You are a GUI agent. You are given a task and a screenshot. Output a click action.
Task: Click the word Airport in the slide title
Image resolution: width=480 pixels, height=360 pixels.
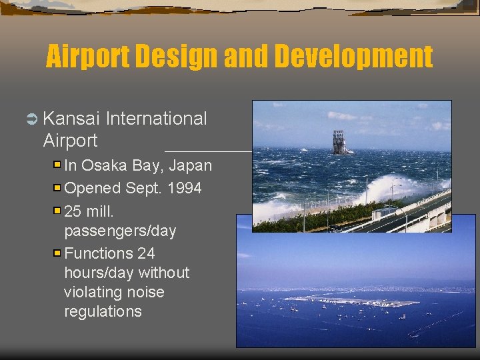coord(88,57)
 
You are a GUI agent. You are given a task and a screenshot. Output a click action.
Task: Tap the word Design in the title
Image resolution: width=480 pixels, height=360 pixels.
coord(177,57)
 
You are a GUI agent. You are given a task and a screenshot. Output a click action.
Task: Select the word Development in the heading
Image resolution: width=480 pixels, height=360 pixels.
coord(353,57)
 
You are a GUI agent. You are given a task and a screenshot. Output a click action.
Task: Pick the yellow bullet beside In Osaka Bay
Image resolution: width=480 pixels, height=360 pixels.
coord(57,165)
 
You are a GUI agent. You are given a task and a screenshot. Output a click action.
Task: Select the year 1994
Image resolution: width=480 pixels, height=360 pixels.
coord(183,188)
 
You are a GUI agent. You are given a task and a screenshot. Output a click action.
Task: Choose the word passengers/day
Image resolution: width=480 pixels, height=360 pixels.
coord(120,231)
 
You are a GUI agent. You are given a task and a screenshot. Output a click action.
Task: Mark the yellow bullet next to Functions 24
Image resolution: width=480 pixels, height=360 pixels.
coord(57,253)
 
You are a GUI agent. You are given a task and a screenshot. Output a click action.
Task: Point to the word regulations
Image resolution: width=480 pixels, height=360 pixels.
coord(103,311)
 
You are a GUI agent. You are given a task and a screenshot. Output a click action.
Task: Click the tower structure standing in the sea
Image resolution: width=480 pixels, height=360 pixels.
coord(339,141)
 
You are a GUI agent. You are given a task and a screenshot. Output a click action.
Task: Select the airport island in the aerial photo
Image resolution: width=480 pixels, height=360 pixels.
coord(353,301)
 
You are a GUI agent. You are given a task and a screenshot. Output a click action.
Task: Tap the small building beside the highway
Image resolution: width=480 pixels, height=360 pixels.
coord(385,213)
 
